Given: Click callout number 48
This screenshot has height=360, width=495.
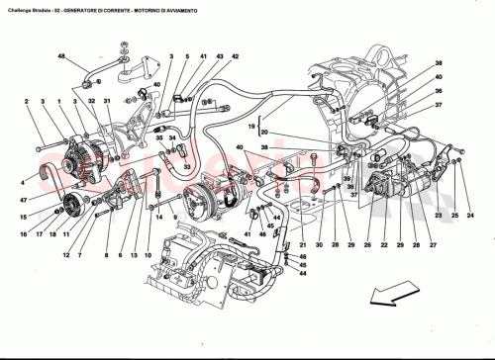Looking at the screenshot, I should pyautogui.click(x=61, y=58).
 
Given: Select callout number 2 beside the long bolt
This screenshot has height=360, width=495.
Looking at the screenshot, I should pyautogui.click(x=27, y=102).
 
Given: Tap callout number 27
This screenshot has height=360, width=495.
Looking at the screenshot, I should pyautogui.click(x=434, y=244).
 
